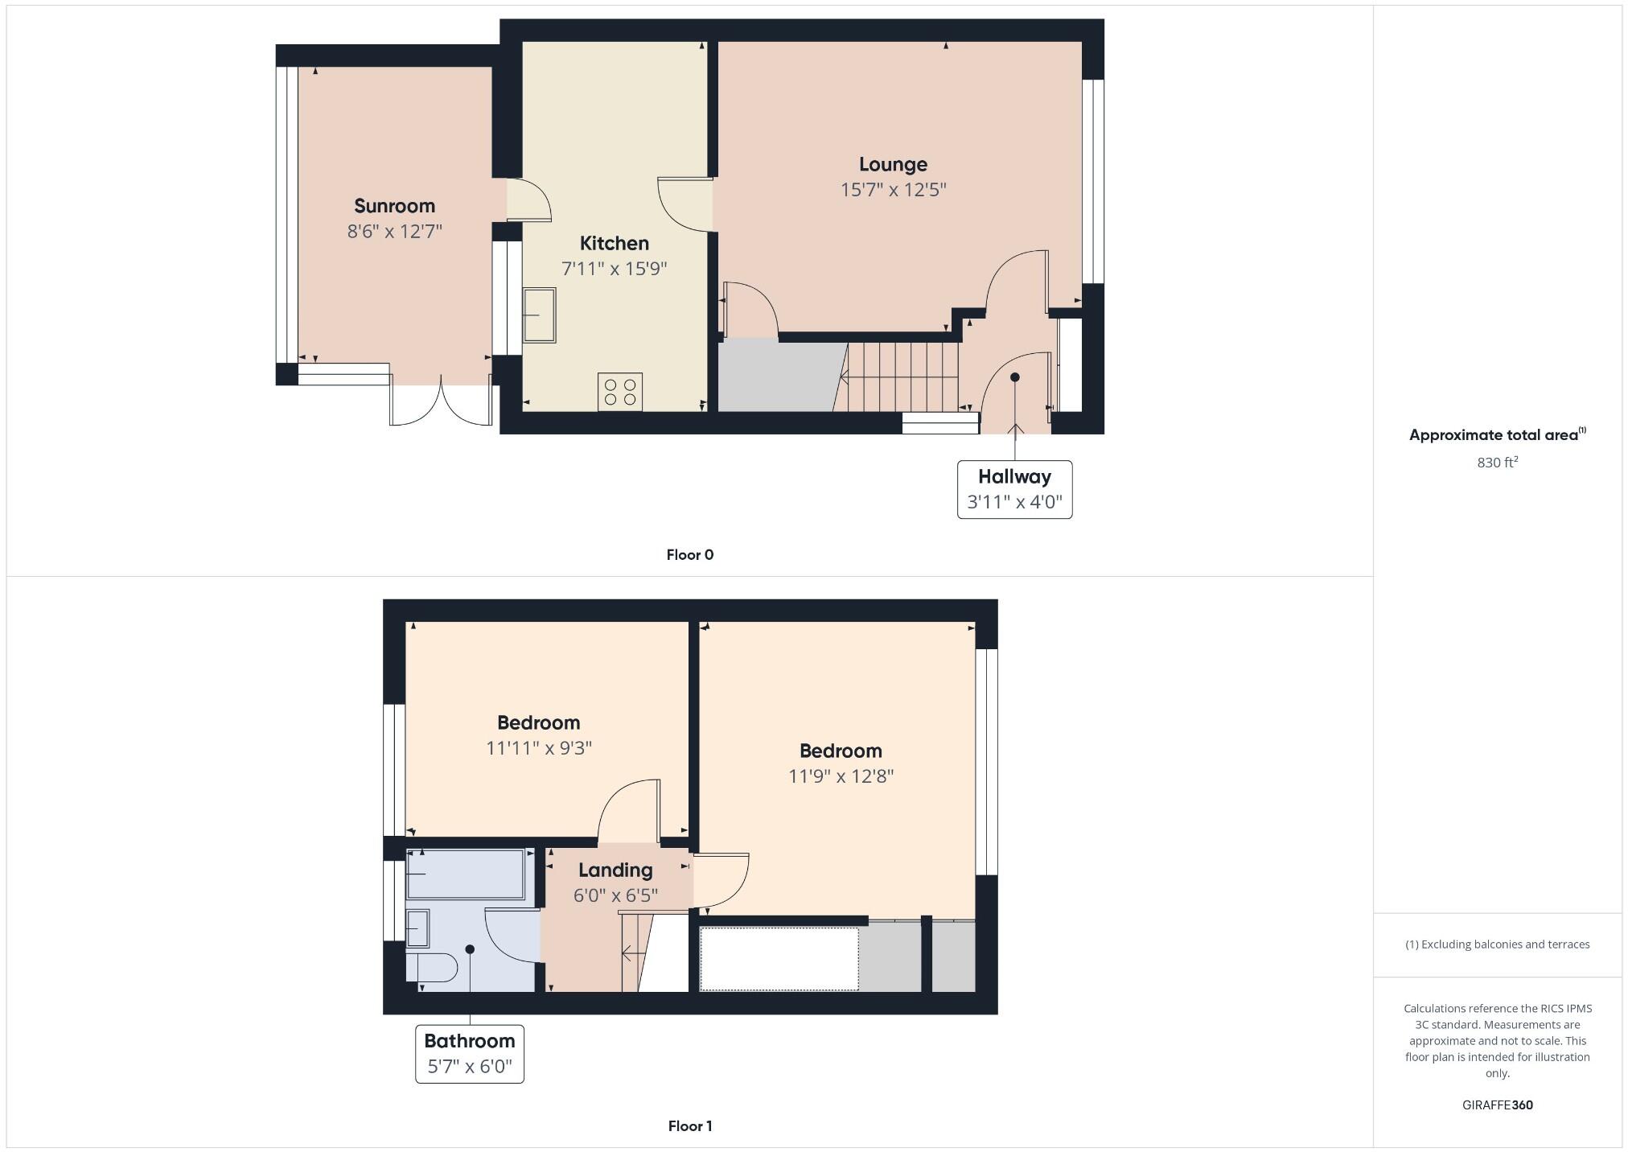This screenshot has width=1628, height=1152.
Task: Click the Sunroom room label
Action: click(x=394, y=206)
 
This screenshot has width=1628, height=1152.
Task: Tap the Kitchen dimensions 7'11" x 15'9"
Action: click(x=614, y=269)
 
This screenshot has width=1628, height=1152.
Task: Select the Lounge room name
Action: click(x=893, y=165)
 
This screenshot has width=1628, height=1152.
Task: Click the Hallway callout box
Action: click(x=1014, y=489)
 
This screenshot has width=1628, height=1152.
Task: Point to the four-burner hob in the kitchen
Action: click(x=619, y=392)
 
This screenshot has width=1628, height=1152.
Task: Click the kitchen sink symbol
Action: click(x=539, y=315)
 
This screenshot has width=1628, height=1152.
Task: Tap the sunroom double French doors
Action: click(x=441, y=402)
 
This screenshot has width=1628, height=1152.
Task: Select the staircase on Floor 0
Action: click(x=897, y=376)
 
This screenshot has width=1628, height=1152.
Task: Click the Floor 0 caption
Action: click(x=689, y=555)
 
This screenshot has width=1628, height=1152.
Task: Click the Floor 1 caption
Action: click(x=689, y=1126)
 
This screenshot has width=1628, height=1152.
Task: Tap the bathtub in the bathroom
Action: click(x=466, y=874)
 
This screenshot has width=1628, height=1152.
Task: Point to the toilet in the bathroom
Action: click(x=435, y=967)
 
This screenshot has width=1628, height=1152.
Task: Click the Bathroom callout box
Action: click(x=469, y=1054)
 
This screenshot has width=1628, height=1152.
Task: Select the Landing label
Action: click(x=615, y=870)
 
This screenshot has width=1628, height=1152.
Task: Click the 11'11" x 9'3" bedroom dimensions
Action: click(x=538, y=748)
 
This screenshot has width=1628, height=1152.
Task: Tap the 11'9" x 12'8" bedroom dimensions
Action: click(x=841, y=776)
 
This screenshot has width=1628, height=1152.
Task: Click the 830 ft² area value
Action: click(x=1497, y=463)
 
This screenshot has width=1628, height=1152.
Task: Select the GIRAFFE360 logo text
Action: click(x=1497, y=1105)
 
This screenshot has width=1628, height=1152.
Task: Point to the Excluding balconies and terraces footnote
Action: click(x=1497, y=944)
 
